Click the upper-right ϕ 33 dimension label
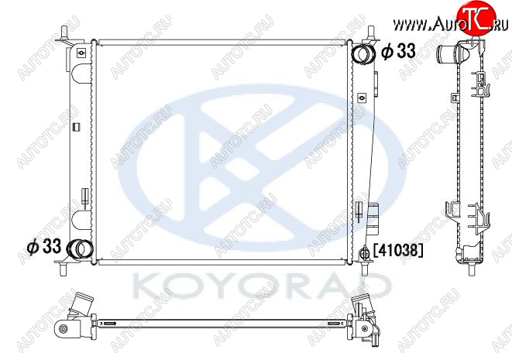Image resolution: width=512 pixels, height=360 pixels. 398,51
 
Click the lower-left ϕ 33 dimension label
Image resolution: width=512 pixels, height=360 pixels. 44,246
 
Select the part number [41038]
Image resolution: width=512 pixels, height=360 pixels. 397,250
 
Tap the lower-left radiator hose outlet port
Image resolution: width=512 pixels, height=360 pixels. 79,249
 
